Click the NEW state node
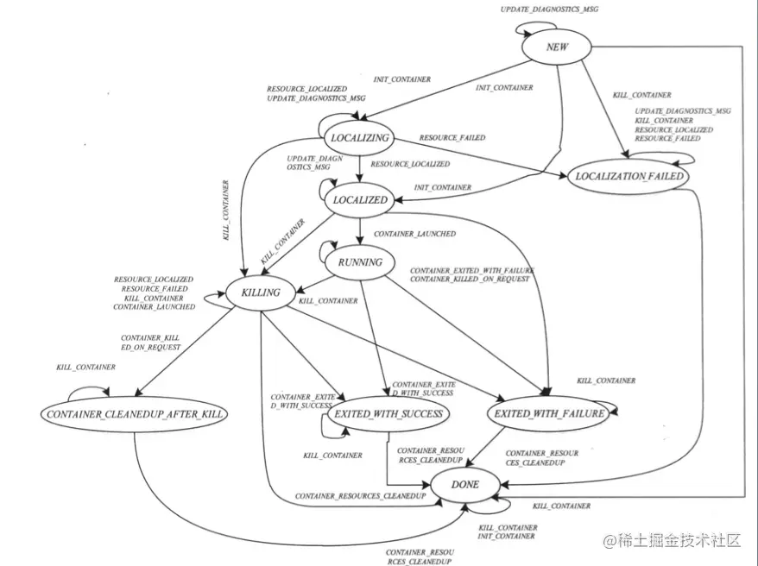click(557, 47)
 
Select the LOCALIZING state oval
click(360, 137)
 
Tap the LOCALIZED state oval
click(359, 199)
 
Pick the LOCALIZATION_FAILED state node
click(629, 176)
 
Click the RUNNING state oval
click(360, 261)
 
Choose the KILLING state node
click(260, 292)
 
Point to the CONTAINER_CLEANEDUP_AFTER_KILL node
click(133, 414)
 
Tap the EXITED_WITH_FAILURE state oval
click(549, 414)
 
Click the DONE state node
click(465, 485)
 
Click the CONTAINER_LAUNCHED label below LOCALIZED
click(414, 234)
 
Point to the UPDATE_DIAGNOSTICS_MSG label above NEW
click(549, 9)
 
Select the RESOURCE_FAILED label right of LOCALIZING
click(452, 138)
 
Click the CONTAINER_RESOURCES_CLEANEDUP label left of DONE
click(360, 497)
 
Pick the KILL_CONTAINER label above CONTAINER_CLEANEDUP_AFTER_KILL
click(85, 368)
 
